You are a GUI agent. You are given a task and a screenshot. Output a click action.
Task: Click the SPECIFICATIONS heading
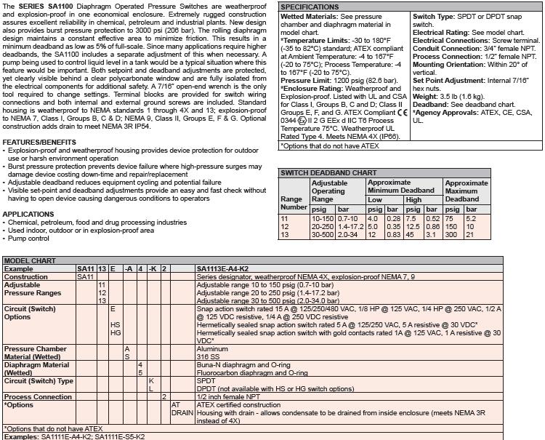(310, 7)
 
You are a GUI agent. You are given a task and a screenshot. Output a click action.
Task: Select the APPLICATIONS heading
(28, 215)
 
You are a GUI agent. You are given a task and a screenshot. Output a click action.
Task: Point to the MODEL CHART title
(28, 260)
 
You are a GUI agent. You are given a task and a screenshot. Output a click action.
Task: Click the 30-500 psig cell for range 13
(323, 234)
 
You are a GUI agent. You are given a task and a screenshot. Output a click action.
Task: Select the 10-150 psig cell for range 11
(323, 218)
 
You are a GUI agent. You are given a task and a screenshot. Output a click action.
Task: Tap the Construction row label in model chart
(26, 276)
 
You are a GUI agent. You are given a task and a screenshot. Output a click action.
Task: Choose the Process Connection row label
(38, 397)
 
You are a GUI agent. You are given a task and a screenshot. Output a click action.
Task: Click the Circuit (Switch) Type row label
(39, 380)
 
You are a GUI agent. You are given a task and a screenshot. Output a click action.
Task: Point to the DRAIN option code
(182, 412)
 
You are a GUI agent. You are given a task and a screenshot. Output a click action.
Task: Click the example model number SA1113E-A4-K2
(222, 268)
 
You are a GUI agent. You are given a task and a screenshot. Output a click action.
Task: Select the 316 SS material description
(209, 356)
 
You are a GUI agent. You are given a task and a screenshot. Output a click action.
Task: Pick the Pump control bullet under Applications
(29, 239)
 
